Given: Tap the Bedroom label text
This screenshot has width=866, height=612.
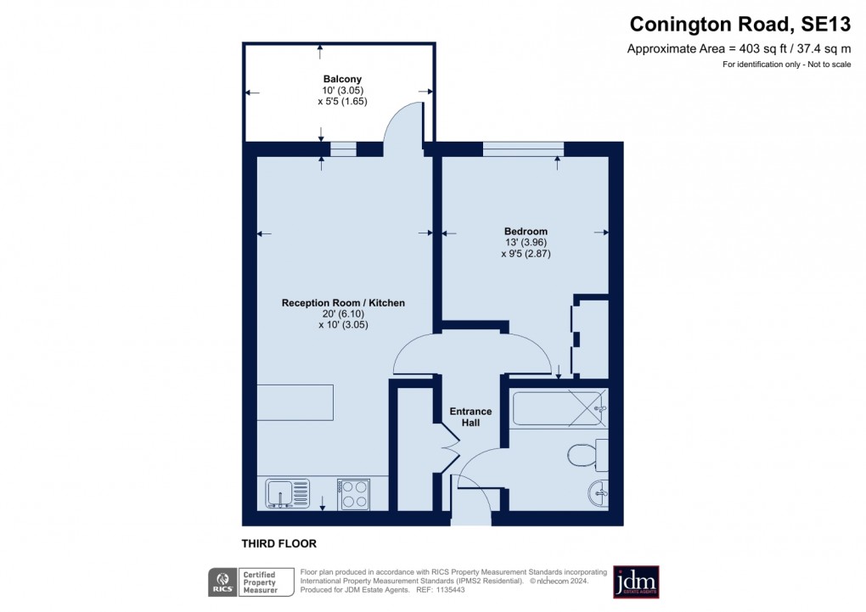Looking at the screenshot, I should (526, 231).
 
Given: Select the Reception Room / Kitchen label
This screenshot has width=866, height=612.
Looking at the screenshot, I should (343, 303).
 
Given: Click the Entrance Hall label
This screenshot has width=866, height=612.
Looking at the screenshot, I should (470, 417).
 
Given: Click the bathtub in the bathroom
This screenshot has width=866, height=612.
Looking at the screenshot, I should (559, 408).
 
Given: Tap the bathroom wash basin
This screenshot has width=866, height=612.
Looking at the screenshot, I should (599, 491).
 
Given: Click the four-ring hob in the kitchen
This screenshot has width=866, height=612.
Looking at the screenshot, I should (353, 494).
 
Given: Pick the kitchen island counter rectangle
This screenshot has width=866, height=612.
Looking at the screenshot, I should (295, 401).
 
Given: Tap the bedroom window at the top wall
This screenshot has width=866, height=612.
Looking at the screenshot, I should (522, 149).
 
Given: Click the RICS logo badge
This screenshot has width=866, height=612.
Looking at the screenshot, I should (223, 582).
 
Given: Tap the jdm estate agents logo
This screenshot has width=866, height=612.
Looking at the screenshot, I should (636, 582).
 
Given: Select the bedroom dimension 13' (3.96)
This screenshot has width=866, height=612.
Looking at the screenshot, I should (526, 242).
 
